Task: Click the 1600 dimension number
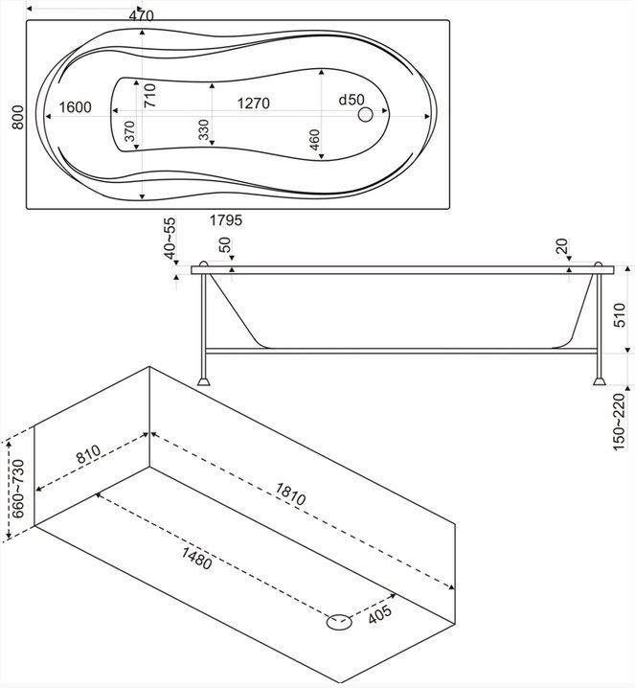[75, 107]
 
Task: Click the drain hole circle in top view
[366, 116]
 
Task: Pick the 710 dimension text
[151, 96]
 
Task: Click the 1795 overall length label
[226, 220]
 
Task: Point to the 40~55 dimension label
[170, 239]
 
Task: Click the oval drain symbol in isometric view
[338, 622]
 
